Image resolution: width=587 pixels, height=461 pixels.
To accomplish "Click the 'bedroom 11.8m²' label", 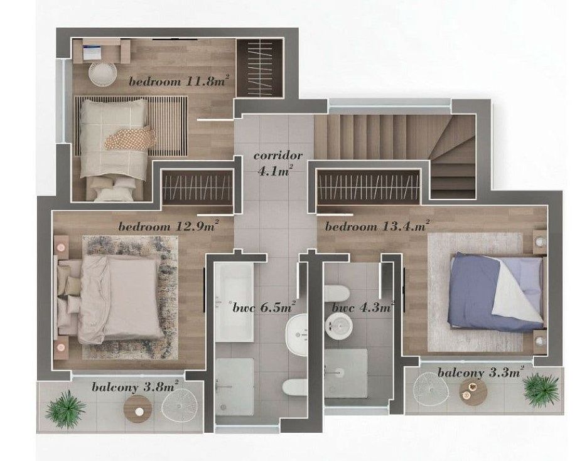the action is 178,81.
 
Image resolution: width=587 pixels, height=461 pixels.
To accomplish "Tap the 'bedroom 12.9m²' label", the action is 168,226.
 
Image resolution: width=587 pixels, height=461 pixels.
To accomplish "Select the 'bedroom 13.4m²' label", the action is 377,226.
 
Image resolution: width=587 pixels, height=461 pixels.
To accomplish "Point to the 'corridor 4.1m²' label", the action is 277,163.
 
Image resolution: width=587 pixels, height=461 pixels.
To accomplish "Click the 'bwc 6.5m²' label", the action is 264,307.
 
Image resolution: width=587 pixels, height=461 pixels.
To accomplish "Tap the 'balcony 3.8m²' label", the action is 135,386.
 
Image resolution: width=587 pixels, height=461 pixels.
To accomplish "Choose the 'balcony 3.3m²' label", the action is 480,373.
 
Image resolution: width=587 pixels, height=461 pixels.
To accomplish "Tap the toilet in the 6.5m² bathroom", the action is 294,387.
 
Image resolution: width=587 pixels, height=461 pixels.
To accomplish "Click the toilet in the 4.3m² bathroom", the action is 337,294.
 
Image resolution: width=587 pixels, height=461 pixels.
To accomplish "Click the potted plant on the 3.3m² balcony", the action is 541,389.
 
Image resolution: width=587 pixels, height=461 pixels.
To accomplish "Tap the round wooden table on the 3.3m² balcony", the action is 473,392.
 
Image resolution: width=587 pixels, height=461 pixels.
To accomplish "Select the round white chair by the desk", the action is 103,74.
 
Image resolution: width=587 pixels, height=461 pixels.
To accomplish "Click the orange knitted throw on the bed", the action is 131,139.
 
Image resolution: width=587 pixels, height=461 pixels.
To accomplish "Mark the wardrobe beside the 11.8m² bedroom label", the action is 260,68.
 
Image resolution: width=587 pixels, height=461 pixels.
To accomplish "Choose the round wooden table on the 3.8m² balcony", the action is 137,409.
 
